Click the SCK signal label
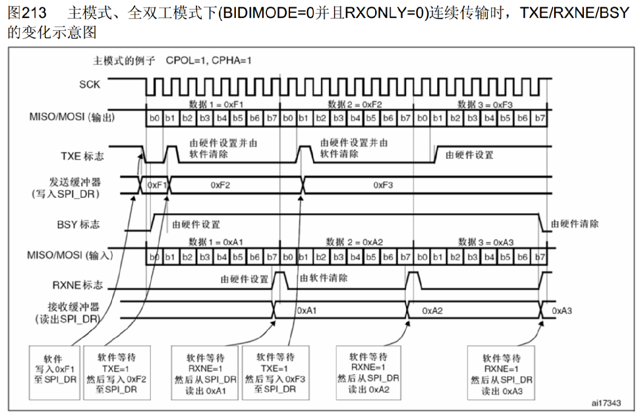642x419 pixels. point(90,84)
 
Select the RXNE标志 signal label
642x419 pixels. point(78,285)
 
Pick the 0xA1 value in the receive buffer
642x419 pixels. point(306,310)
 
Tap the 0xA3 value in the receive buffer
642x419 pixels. point(562,310)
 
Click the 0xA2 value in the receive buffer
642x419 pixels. point(432,310)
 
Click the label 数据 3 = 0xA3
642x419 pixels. point(486,242)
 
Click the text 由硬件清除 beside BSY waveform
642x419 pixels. point(575,224)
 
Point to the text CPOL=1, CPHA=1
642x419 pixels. point(208,61)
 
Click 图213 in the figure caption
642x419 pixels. point(27,13)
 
